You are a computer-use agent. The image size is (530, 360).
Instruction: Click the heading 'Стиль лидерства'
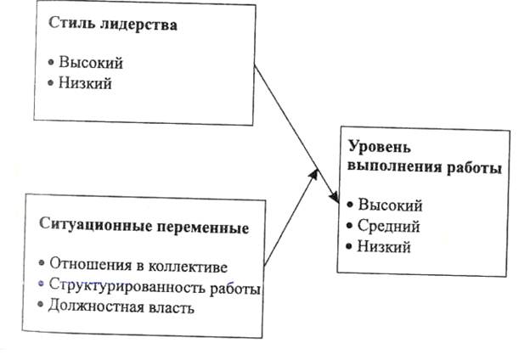[107, 25]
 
